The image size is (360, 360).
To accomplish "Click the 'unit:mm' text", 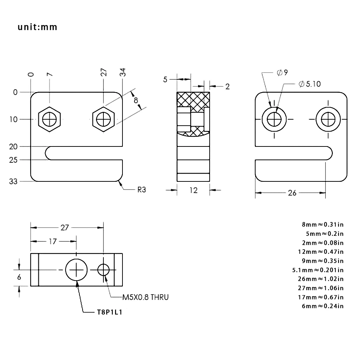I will coord(38,27).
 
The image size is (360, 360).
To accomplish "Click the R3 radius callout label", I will coord(141,190).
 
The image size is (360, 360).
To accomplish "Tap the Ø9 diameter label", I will coord(282,72).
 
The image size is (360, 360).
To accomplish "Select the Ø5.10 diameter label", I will coord(309,84).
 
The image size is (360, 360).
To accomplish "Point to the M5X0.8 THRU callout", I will coord(145,297).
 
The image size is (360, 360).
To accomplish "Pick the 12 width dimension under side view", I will coord(193,190).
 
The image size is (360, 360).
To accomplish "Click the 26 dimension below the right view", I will coord(292,193).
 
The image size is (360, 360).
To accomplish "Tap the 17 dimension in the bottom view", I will coord(53,241).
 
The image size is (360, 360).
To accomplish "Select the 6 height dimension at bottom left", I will coord(19,277).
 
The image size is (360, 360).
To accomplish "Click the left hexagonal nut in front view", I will coord(49,119).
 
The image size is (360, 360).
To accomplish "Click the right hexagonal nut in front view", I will coord(103,119).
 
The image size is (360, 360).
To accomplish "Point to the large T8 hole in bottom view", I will coord(76,270).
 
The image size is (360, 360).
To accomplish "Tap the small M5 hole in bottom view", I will coord(103,270).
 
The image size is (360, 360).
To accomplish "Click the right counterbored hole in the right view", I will coord(327,119).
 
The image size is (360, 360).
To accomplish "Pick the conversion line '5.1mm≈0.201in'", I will coord(318,270).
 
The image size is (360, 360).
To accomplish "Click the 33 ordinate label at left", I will coord(13,181).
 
